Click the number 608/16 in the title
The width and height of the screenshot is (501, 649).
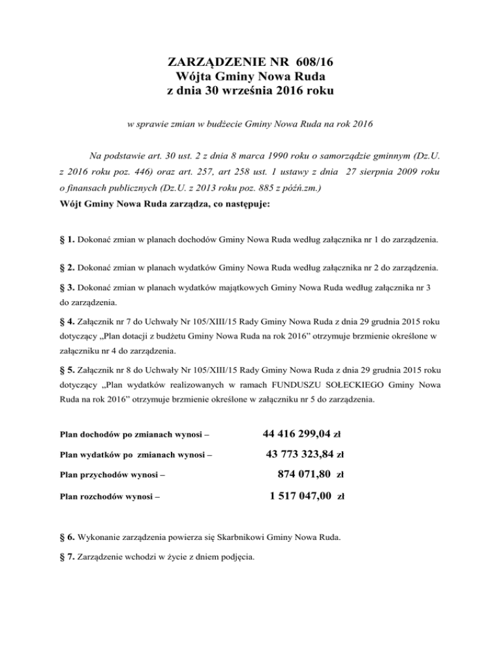309,63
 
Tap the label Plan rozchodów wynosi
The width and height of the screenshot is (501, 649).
107,496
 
